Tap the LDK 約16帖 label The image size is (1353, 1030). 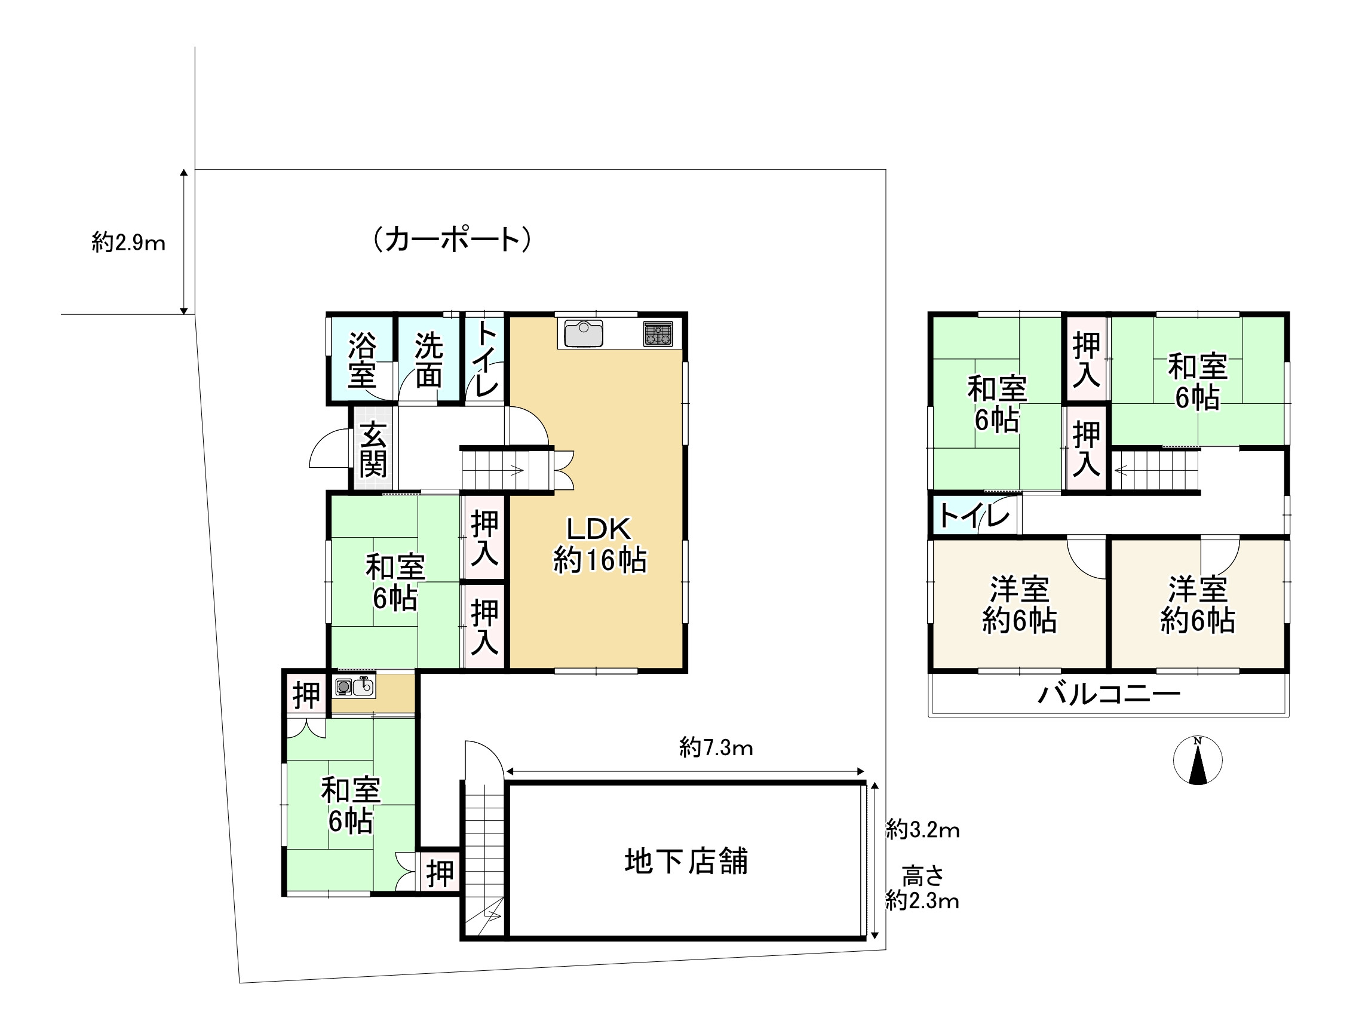click(x=599, y=544)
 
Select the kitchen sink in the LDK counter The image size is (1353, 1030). click(x=583, y=333)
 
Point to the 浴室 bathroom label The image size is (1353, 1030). click(x=362, y=360)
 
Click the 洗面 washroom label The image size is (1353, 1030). click(x=428, y=360)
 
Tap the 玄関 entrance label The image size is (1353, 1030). click(x=373, y=449)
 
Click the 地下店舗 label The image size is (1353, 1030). click(x=686, y=861)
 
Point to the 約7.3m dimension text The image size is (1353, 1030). click(x=716, y=748)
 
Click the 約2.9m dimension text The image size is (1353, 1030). click(x=129, y=243)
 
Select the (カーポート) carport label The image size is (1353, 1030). click(x=452, y=239)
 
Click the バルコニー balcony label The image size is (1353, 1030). click(x=1109, y=695)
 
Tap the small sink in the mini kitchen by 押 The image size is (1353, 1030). click(x=364, y=686)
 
